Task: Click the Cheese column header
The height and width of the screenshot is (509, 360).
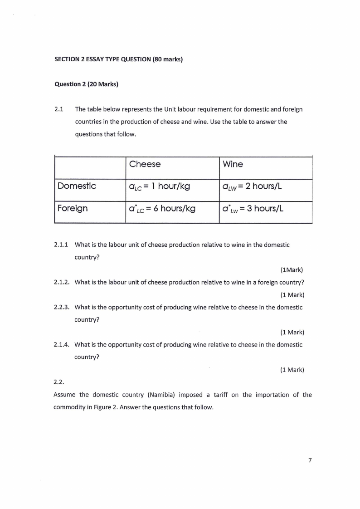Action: [145, 164]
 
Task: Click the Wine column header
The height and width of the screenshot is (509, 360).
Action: [233, 164]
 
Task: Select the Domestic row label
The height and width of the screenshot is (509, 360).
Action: [77, 186]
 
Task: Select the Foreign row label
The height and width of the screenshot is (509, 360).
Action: [73, 209]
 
